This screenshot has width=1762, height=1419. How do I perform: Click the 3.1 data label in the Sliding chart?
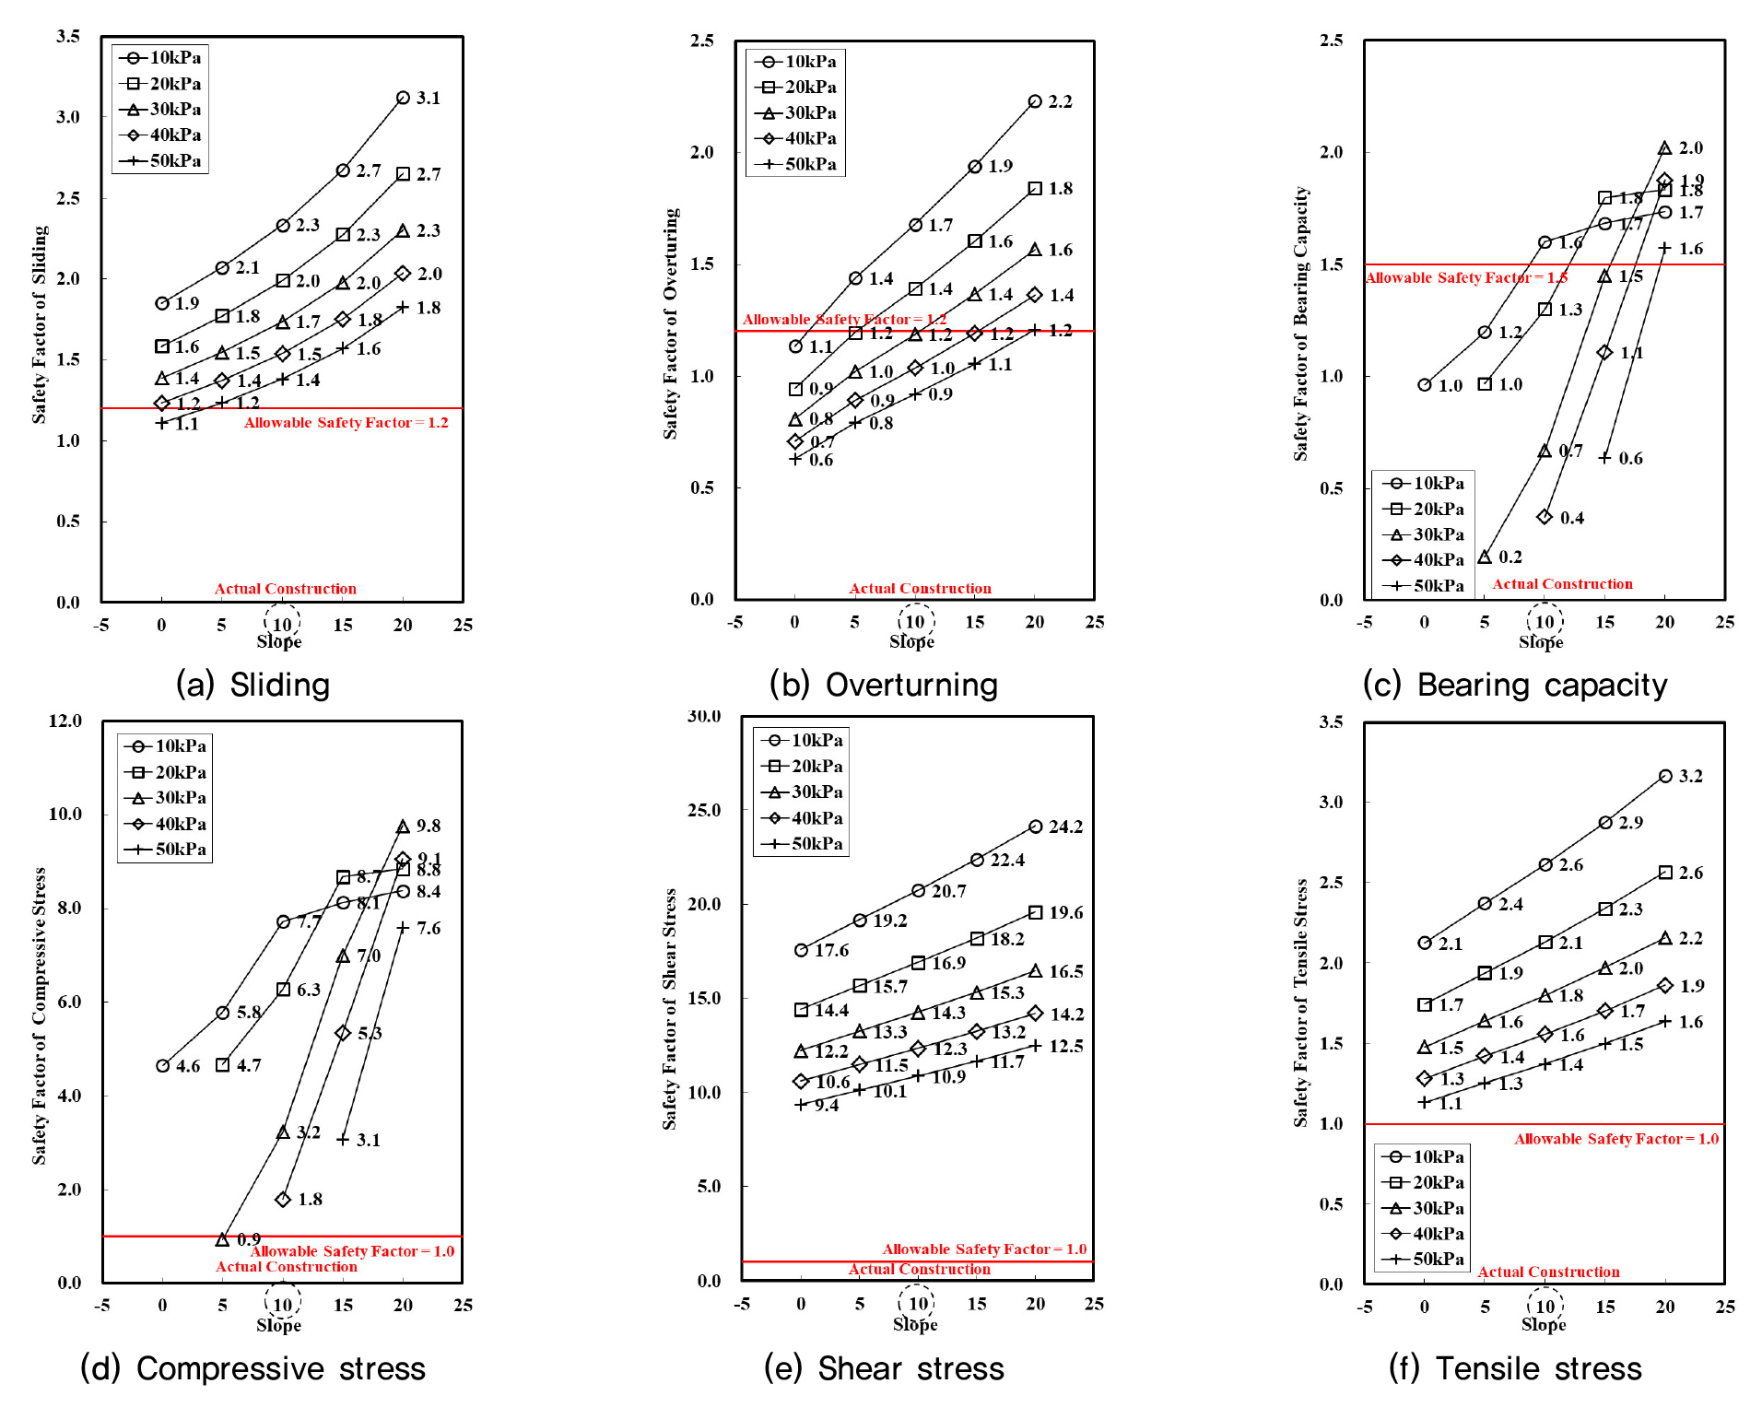click(429, 99)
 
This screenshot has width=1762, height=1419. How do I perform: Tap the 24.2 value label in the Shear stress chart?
click(1065, 827)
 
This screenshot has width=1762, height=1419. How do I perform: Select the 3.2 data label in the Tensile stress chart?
click(1690, 777)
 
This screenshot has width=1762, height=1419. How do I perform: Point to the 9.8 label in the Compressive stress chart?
click(429, 827)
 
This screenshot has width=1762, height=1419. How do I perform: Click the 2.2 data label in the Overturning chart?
click(1060, 102)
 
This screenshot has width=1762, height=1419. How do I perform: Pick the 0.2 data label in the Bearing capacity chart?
click(1510, 557)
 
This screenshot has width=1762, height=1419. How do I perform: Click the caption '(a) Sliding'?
click(253, 685)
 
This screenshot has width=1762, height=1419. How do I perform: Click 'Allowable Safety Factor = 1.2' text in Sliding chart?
click(346, 423)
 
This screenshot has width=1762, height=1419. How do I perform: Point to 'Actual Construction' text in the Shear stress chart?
click(920, 1270)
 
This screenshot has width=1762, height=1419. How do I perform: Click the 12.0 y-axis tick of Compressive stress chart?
click(65, 721)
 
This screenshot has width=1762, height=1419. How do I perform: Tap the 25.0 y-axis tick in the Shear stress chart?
click(704, 810)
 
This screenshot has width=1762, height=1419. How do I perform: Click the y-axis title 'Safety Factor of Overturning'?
click(671, 322)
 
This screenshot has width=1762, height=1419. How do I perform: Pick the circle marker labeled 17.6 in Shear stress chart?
click(801, 950)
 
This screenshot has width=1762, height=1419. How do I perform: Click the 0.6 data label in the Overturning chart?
click(821, 461)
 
